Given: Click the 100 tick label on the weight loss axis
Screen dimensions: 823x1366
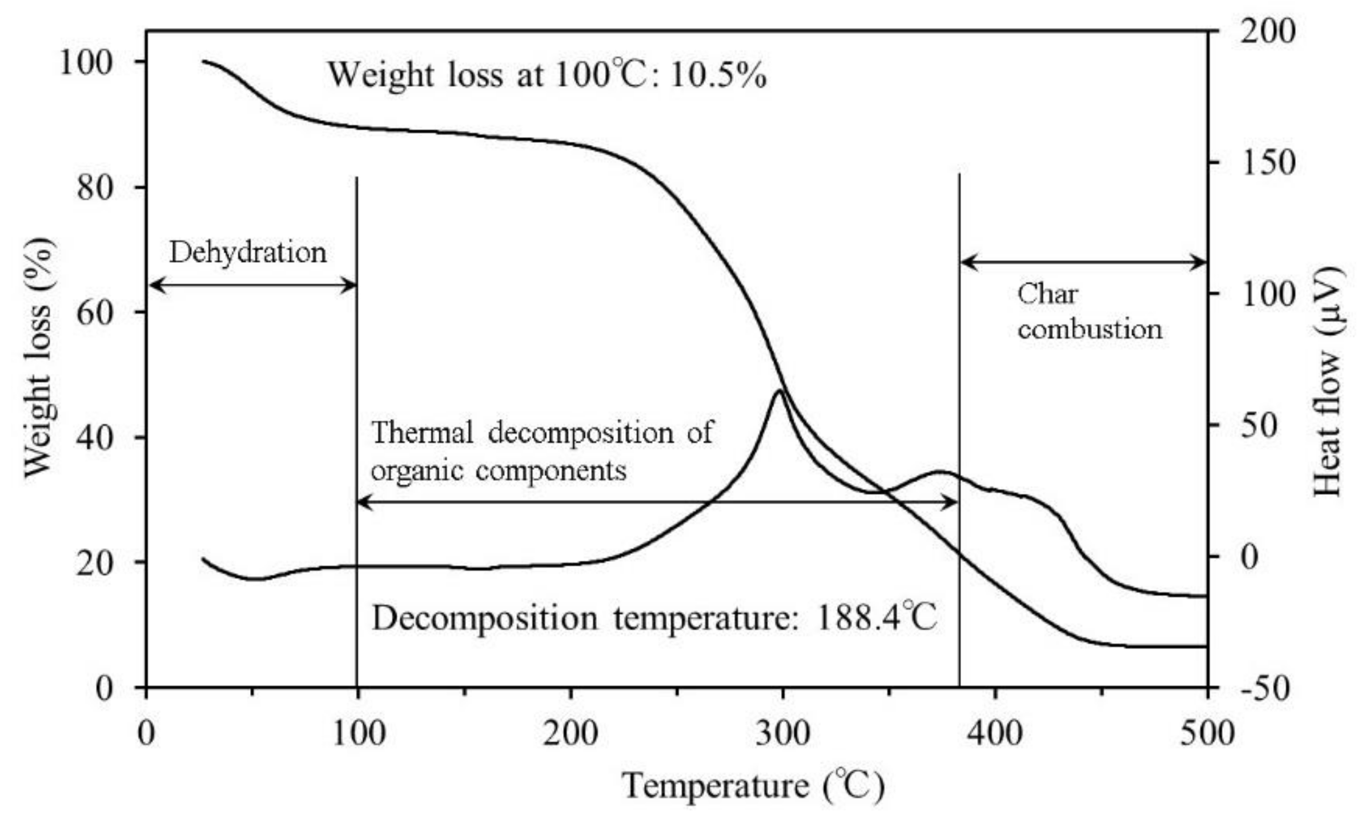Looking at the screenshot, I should click(86, 62).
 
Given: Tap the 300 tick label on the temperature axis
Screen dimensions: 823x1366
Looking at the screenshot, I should click(783, 733).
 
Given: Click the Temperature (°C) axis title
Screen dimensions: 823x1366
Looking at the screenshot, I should click(753, 785).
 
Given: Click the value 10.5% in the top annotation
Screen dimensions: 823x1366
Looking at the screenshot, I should click(718, 75).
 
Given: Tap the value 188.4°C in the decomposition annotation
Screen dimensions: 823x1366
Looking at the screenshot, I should click(877, 618).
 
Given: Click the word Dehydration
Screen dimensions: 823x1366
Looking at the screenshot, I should click(248, 252).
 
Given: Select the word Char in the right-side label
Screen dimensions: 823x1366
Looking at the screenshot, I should click(1047, 294).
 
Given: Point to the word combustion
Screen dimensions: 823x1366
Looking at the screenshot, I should click(1090, 330).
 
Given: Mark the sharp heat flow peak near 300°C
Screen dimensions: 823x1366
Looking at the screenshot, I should click(779, 391).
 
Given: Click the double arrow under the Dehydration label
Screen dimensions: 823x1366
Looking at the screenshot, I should click(252, 285).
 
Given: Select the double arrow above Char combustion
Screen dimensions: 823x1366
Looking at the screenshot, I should click(1083, 263).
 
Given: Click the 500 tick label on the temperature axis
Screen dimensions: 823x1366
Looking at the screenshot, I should click(1207, 733).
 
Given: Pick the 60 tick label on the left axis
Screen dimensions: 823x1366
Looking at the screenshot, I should click(94, 312).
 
